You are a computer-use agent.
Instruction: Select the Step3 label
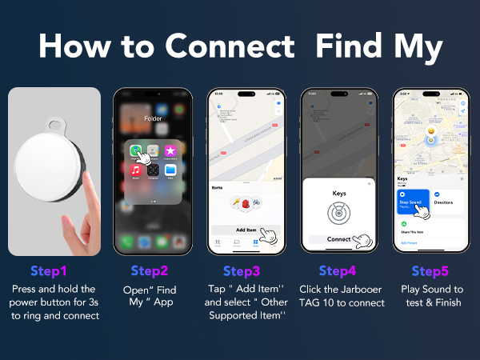(241, 270)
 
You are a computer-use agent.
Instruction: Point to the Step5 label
(430, 270)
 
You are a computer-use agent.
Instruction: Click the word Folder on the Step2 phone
(152, 118)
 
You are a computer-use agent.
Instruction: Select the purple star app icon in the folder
(170, 150)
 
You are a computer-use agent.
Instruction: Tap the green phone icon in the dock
(126, 241)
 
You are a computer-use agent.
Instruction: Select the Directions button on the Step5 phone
(446, 203)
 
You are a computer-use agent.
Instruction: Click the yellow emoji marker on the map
(430, 131)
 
